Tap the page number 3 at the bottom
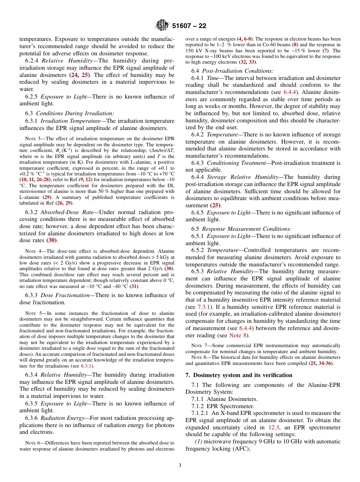(180, 466)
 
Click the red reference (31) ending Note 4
(133, 286)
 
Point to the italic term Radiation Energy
(61, 418)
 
